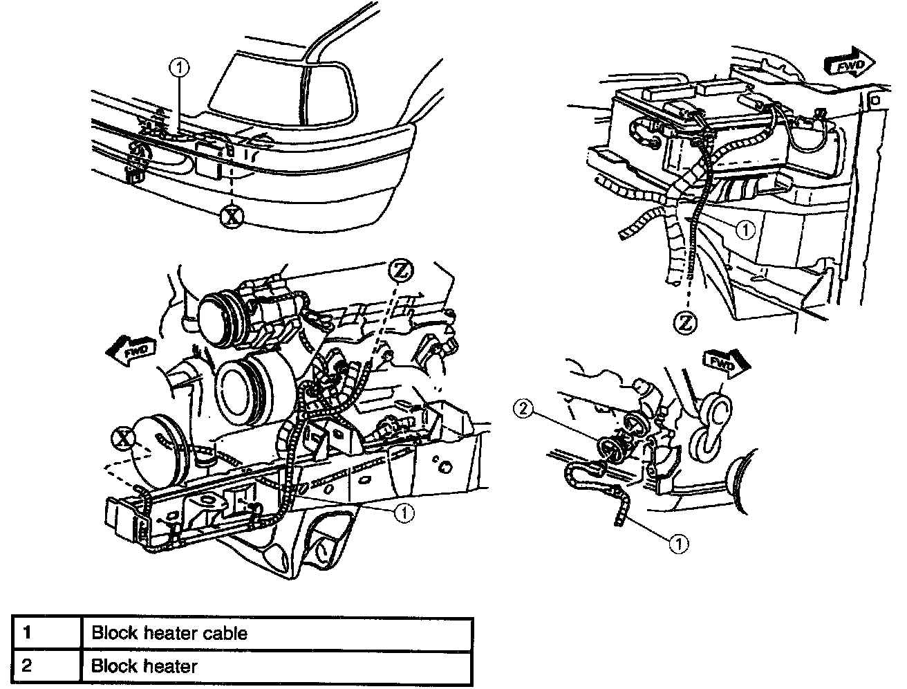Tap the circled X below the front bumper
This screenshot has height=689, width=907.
[x=232, y=217]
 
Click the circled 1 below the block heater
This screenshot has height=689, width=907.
[x=680, y=544]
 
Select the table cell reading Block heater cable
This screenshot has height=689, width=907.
[x=277, y=633]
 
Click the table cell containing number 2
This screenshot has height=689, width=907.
[x=47, y=667]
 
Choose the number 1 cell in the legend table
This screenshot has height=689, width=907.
[x=47, y=633]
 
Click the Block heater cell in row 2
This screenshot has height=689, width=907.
[x=277, y=667]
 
